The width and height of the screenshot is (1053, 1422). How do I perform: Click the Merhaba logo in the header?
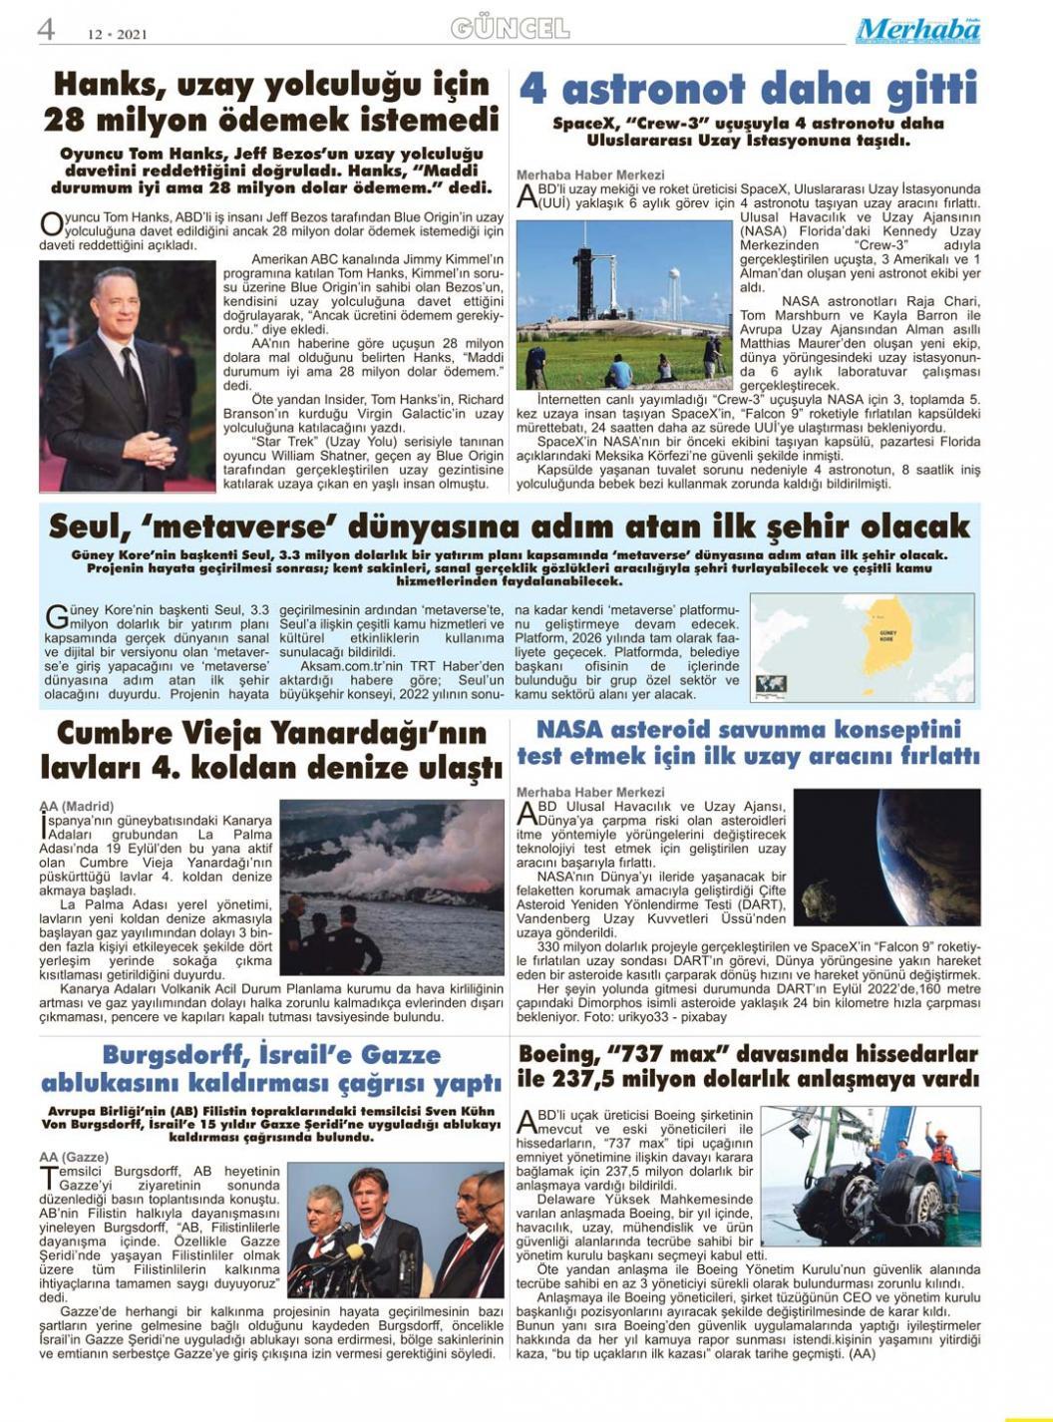(917, 31)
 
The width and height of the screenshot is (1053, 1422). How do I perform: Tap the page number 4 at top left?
(46, 30)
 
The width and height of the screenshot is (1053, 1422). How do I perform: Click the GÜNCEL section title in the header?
(510, 29)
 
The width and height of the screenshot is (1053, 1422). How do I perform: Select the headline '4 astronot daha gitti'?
(748, 90)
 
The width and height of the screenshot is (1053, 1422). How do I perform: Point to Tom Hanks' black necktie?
(130, 379)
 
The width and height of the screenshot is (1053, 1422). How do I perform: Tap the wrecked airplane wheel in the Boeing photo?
(887, 1187)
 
